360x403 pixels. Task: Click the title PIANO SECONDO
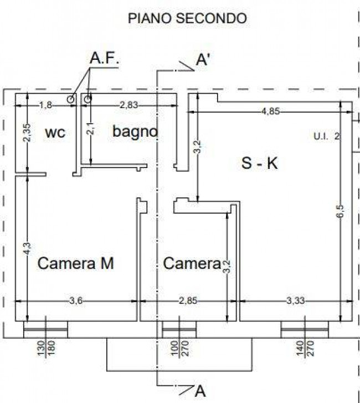pos(187,18)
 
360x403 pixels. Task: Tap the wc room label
pos(55,132)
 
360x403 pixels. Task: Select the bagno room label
pos(135,132)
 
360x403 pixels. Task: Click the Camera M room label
pos(75,263)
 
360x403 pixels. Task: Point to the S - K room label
pos(260,163)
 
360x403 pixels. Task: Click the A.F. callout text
pos(104,58)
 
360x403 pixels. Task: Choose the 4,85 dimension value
pos(270,111)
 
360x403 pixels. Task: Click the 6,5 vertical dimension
pos(340,211)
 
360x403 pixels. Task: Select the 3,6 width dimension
pos(76,300)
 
